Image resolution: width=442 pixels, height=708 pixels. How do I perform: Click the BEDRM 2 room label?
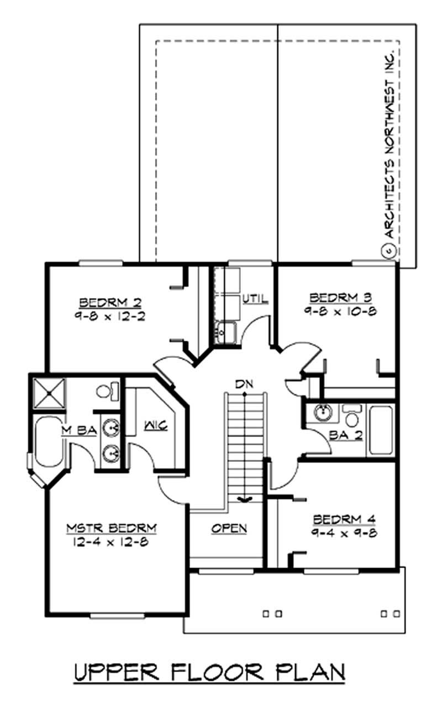click(x=110, y=303)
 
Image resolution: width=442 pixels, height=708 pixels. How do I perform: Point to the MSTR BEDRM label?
click(x=112, y=528)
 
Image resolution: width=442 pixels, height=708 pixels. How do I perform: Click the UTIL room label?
click(x=255, y=299)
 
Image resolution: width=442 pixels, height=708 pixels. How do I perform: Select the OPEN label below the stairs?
click(x=229, y=528)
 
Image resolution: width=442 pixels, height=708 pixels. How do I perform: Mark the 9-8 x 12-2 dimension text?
click(x=110, y=317)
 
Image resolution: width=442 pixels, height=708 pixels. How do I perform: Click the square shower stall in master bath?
click(x=49, y=393)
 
